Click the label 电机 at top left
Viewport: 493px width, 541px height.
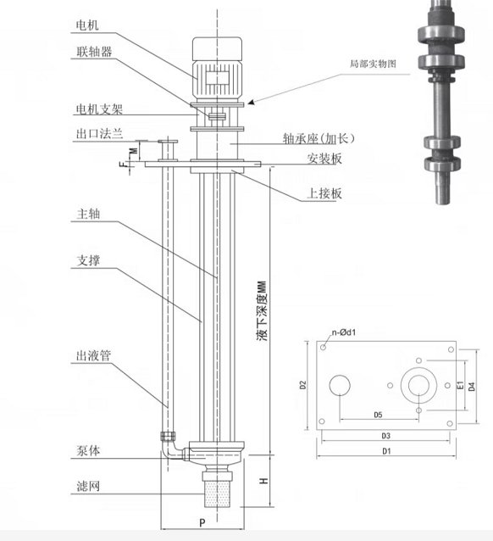(87, 25)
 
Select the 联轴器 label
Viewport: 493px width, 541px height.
(94, 52)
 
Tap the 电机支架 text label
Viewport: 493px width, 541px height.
(99, 109)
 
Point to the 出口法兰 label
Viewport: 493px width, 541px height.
(99, 133)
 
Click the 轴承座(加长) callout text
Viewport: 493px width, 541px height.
(319, 138)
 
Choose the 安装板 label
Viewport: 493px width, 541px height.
(324, 159)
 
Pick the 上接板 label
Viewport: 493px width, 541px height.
(324, 193)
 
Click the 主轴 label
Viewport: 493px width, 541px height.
(88, 214)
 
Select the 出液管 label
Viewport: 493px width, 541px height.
(93, 356)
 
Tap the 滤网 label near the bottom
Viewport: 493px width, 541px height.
(88, 486)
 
